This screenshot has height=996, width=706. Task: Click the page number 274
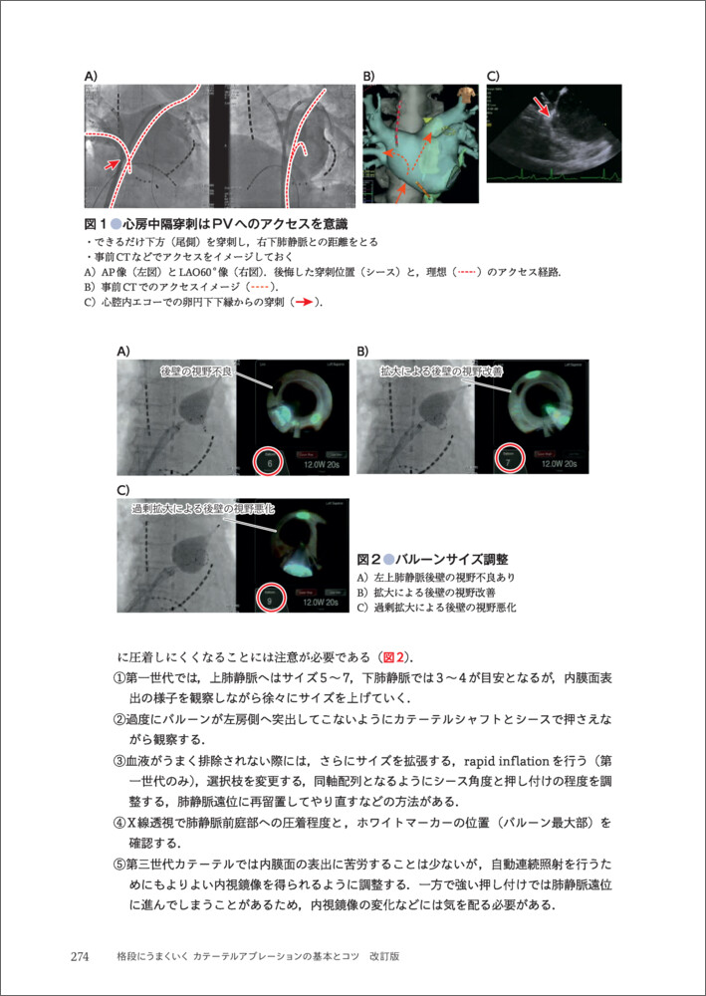(81, 957)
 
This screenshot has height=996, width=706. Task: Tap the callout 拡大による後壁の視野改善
(441, 371)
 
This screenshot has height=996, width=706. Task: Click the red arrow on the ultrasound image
(542, 107)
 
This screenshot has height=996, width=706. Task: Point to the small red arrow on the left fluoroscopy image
(115, 162)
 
